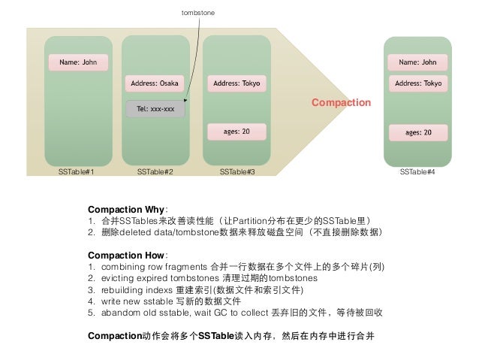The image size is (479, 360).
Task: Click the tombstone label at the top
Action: [x=196, y=13]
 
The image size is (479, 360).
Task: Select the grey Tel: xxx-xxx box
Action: [x=155, y=109]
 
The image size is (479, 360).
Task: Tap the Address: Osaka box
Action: [x=155, y=83]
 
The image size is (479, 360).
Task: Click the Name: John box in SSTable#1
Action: [x=78, y=62]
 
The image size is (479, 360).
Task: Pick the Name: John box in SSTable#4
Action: [x=417, y=62]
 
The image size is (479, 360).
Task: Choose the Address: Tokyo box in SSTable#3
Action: [x=237, y=83]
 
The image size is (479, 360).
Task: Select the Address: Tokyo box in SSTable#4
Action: [x=417, y=83]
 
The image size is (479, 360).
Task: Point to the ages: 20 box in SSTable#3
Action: [x=237, y=132]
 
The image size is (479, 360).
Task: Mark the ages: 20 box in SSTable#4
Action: [x=417, y=132]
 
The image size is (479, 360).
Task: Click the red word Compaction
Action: [x=342, y=102]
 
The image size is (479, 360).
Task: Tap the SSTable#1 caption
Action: [x=77, y=172]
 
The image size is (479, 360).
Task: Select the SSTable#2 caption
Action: [x=155, y=172]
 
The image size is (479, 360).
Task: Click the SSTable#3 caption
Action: [x=237, y=172]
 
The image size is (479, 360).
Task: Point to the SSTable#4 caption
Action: [x=417, y=172]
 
